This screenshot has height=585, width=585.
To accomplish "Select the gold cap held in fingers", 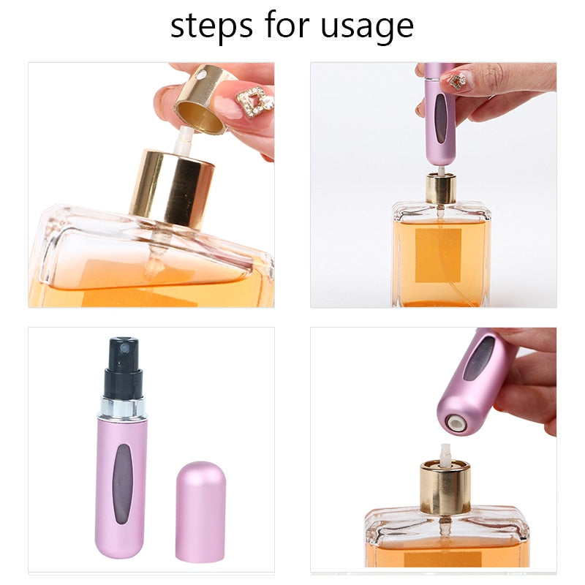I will tap(203, 99).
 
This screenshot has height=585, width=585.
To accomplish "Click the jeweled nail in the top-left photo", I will tap(255, 102).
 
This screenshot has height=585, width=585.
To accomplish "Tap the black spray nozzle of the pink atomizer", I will tap(121, 358).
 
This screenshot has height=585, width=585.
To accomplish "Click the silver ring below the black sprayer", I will tap(122, 408).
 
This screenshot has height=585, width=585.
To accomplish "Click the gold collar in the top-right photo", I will tap(441, 189).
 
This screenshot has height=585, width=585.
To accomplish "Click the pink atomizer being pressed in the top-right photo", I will tap(440, 113).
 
